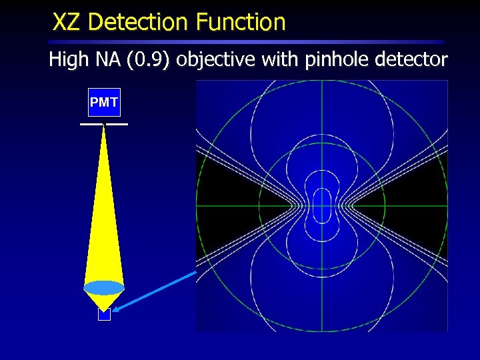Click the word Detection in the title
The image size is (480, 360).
137,23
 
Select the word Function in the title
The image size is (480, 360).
241,23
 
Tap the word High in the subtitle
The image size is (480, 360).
68,61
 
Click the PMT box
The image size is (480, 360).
104,102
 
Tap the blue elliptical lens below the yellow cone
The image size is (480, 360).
104,288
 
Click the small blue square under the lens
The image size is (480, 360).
104,315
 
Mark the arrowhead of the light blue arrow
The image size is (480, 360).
116,308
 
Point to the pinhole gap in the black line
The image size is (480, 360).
104,124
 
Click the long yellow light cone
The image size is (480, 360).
104,220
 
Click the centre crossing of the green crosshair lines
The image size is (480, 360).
321,205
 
